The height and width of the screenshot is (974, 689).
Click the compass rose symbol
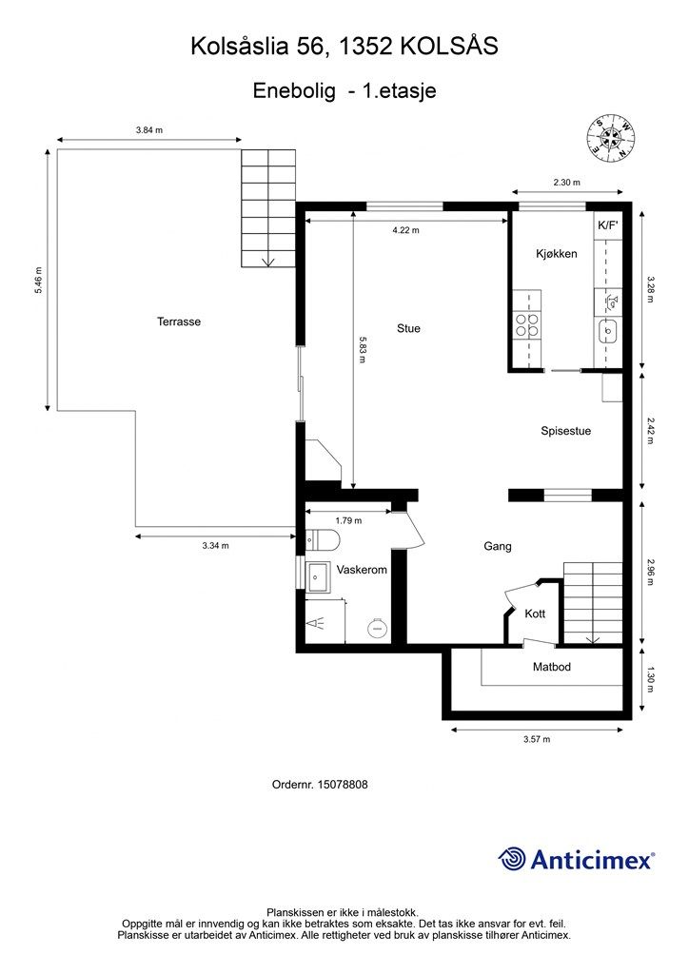pyautogui.click(x=610, y=139)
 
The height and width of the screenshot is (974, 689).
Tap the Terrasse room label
pyautogui.click(x=179, y=321)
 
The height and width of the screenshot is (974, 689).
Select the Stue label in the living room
pyautogui.click(x=408, y=328)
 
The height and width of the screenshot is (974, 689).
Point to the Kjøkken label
pyautogui.click(x=557, y=253)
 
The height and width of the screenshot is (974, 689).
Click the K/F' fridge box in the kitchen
pyautogui.click(x=608, y=225)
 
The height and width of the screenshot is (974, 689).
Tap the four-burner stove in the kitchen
pyautogui.click(x=527, y=324)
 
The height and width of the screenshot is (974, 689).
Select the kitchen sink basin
pyautogui.click(x=607, y=332)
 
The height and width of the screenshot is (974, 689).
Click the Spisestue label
pyautogui.click(x=565, y=431)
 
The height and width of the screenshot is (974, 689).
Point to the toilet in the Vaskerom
pyautogui.click(x=322, y=539)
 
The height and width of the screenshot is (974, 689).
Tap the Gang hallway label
pyautogui.click(x=498, y=547)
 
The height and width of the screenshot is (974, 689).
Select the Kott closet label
pyautogui.click(x=535, y=614)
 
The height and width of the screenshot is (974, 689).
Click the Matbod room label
pyautogui.click(x=552, y=667)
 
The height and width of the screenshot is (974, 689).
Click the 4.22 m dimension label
pyautogui.click(x=405, y=230)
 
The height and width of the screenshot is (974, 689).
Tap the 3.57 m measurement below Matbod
pyautogui.click(x=537, y=739)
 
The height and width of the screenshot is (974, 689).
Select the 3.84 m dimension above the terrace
pyautogui.click(x=149, y=130)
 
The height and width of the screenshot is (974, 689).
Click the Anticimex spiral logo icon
pyautogui.click(x=512, y=860)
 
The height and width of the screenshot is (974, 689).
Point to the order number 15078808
pyautogui.click(x=343, y=785)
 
